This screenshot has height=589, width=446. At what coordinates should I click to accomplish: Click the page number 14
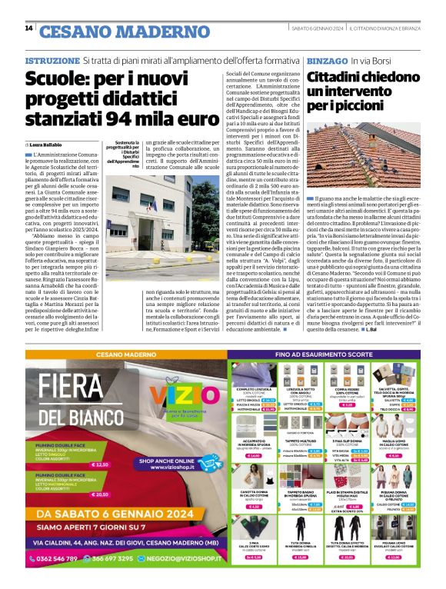[28, 28]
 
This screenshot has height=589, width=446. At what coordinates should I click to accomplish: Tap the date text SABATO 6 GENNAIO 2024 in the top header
[315, 28]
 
